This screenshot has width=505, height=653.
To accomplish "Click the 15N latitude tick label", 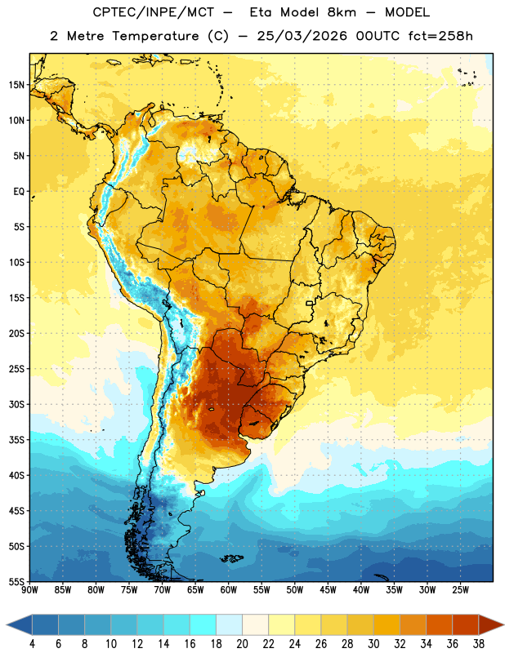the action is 16,85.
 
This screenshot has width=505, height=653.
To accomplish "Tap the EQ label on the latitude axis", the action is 19,192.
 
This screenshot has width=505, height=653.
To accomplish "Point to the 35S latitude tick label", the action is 16,440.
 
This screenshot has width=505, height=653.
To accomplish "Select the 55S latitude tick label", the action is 16,581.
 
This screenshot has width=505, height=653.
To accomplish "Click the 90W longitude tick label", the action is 29,590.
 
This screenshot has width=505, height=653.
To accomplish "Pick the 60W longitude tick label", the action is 229,590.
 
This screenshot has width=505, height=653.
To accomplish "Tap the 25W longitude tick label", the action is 460,590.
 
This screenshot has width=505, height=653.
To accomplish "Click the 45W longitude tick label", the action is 328,590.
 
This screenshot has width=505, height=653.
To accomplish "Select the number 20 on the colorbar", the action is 242,644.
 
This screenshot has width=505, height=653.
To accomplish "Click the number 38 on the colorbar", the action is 479,644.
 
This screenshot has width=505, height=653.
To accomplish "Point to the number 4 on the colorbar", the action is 32,644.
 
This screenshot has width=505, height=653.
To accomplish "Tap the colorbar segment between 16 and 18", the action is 203,624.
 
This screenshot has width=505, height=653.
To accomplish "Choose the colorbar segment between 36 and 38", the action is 466,624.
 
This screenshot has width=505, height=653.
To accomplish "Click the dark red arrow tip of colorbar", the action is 503,624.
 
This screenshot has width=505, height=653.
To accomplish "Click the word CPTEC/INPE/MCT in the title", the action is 154,12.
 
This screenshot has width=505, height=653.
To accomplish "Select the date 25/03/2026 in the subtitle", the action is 302,36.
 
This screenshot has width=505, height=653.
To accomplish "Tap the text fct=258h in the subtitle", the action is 440,36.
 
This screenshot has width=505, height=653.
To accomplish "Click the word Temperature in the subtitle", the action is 155,36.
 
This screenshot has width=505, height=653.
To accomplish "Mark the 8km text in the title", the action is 342,12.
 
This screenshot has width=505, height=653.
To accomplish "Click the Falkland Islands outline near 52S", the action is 231,558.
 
